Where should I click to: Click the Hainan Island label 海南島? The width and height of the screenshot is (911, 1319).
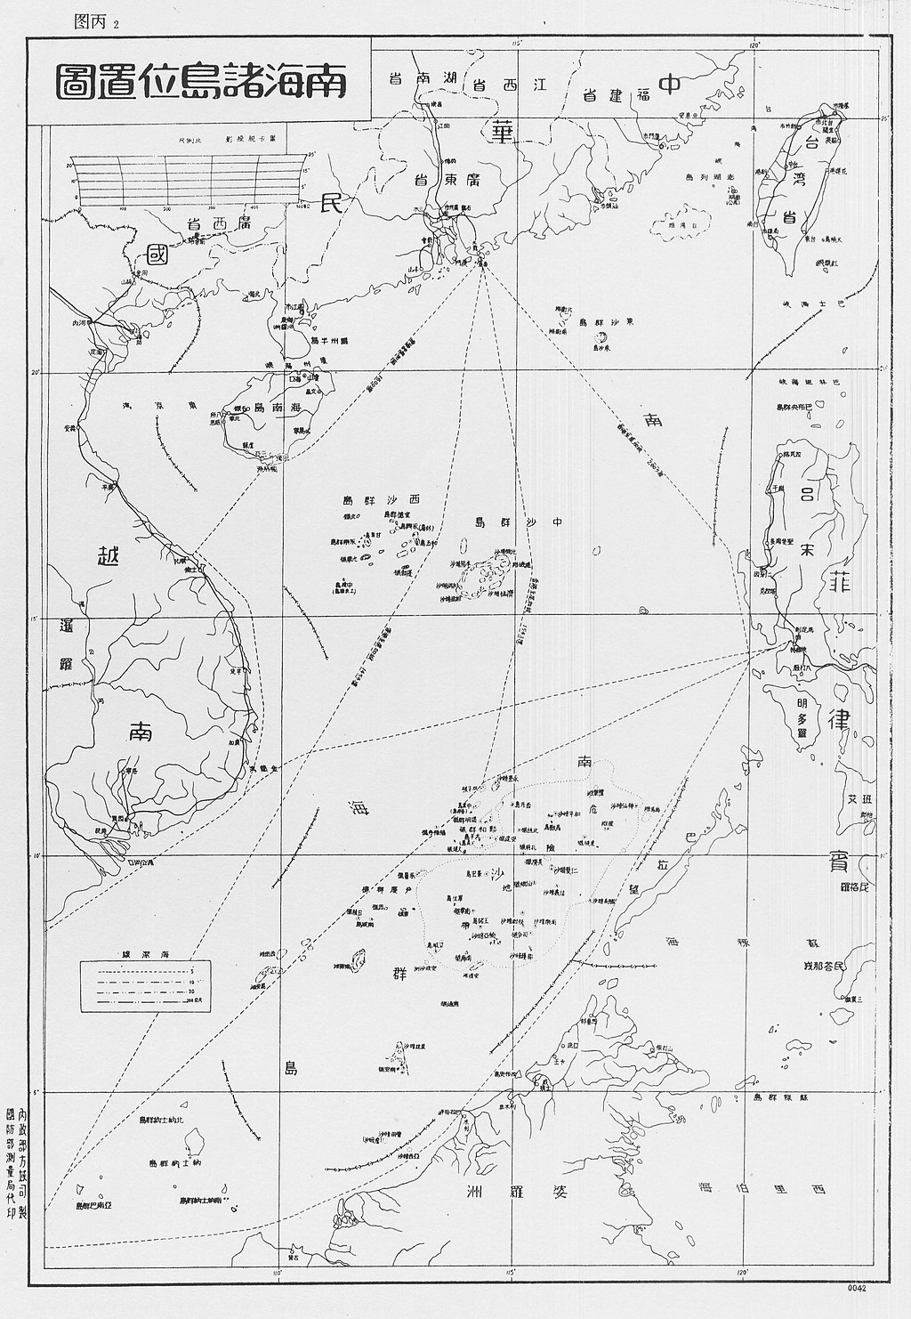[267, 408]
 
